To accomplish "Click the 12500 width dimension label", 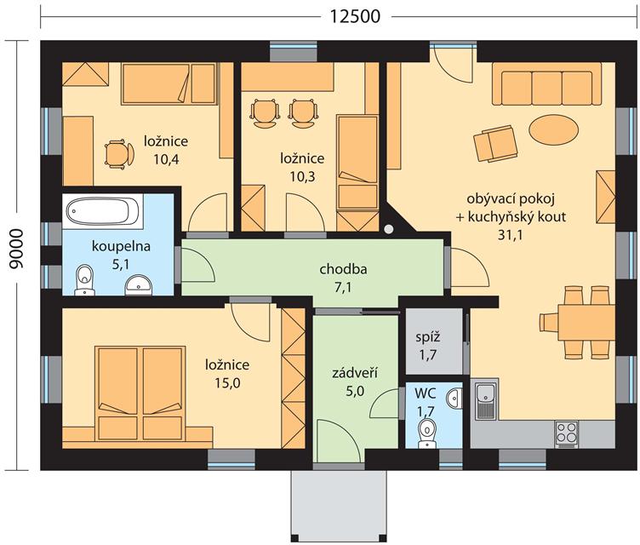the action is coord(355,17).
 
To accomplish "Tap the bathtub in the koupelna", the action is coord(102,211).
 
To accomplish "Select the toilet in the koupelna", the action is coord(85,280).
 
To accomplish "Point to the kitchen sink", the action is coord(486,399).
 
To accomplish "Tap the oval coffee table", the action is coord(553,129).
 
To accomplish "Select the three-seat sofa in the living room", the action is coord(547,83).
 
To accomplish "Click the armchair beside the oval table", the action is coord(495,144).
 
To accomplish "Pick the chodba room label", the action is coord(343,269).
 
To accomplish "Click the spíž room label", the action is coord(427,337).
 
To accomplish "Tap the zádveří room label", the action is coord(354,373).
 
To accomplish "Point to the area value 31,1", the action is coord(510,235).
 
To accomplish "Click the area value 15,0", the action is coord(227,383).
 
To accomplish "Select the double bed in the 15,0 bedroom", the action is coord(140,393).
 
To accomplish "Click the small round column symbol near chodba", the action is coord(389,229).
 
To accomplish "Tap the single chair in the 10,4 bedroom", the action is coord(119,154).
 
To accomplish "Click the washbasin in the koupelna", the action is coord(139,284).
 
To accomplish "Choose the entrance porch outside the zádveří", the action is coord(339,507).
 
